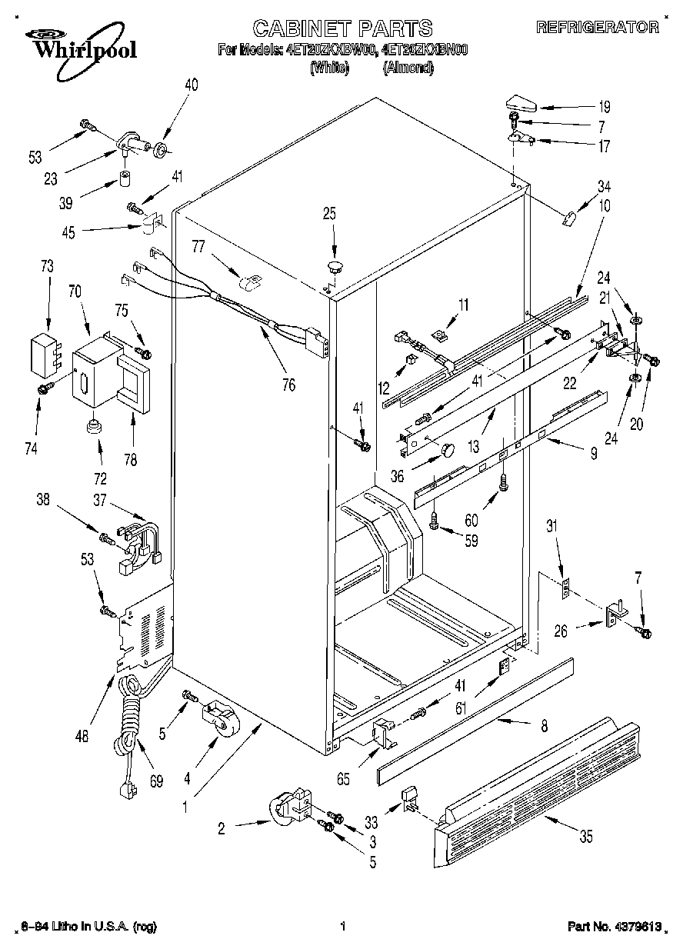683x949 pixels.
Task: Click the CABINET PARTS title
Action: pyautogui.click(x=342, y=29)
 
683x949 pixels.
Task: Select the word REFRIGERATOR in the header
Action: pyautogui.click(x=597, y=28)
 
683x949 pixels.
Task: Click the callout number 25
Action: pyautogui.click(x=329, y=214)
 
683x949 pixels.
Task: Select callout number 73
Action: pyautogui.click(x=48, y=267)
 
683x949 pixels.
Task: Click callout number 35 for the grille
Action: pyautogui.click(x=586, y=837)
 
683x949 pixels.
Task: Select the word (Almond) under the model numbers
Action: pyautogui.click(x=408, y=68)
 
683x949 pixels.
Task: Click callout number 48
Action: pyautogui.click(x=82, y=735)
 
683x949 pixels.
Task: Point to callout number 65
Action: pyautogui.click(x=343, y=778)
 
